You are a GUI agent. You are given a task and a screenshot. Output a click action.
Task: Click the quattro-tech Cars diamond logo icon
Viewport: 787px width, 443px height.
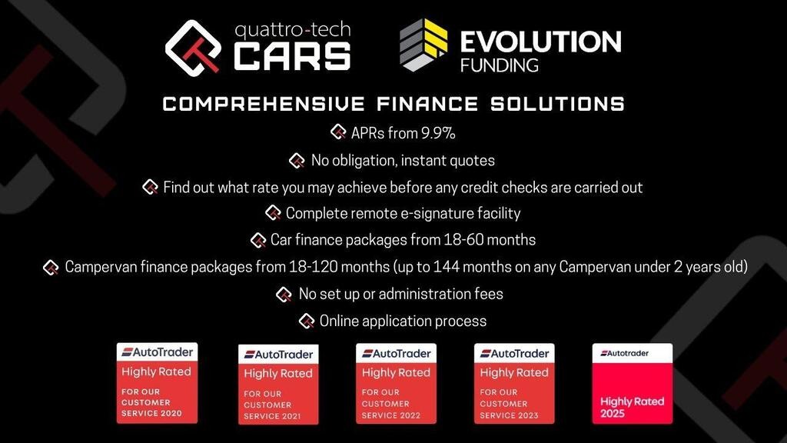point(193,48)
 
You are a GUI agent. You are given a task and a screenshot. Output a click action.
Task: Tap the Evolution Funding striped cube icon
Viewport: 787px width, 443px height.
point(423,45)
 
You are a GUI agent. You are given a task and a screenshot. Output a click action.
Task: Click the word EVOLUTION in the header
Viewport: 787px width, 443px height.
point(540,42)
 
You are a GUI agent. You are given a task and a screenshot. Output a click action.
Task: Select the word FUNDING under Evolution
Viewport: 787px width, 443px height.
point(500,65)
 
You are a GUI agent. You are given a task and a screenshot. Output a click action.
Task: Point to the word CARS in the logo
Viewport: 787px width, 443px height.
point(292,55)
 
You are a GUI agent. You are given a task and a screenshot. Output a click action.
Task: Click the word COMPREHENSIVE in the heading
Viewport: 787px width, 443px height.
point(264,104)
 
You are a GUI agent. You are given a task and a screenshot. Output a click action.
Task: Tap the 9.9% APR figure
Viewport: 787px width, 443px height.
point(438,133)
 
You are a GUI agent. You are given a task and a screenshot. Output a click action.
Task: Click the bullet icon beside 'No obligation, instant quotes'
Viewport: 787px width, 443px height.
point(297,161)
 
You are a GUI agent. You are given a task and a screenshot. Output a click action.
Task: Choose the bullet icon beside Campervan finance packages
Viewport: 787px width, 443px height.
point(51,268)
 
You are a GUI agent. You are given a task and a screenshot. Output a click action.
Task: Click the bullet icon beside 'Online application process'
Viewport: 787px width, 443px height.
point(307,321)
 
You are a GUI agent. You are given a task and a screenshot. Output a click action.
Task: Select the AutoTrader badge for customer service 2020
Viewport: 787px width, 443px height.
point(157,383)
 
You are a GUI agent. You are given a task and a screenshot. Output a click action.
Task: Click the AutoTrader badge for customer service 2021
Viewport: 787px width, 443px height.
point(278,385)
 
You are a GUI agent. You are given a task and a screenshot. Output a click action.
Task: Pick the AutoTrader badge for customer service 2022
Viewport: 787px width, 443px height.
point(396,383)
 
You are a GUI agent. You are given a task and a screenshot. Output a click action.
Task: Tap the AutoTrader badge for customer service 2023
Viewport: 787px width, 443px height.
point(514,383)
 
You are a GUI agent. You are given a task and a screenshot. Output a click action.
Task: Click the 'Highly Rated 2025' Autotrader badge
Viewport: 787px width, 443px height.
point(633,383)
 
